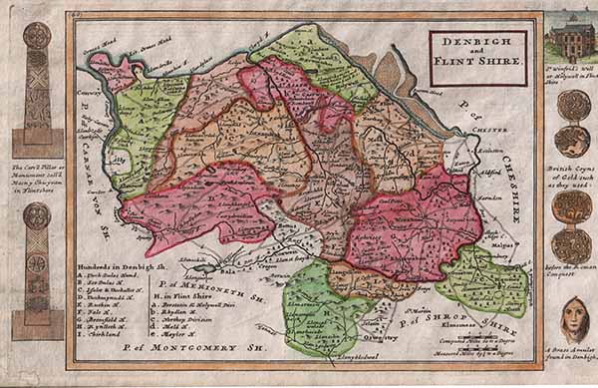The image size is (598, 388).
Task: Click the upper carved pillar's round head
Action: click(37, 37)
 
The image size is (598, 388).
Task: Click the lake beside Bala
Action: click(204, 268)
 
